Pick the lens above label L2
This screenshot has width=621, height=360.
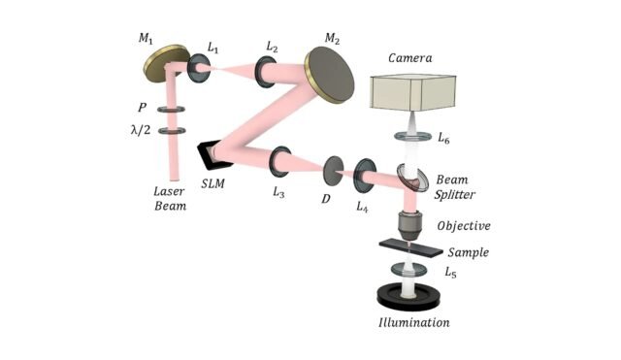[265, 70]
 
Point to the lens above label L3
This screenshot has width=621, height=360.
[282, 158]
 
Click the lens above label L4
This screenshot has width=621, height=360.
[365, 175]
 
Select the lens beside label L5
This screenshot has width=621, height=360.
[409, 270]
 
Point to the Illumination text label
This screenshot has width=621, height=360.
[414, 321]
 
